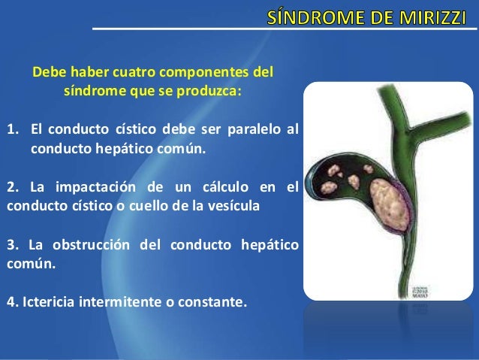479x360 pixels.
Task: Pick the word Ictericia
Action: tap(51, 303)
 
